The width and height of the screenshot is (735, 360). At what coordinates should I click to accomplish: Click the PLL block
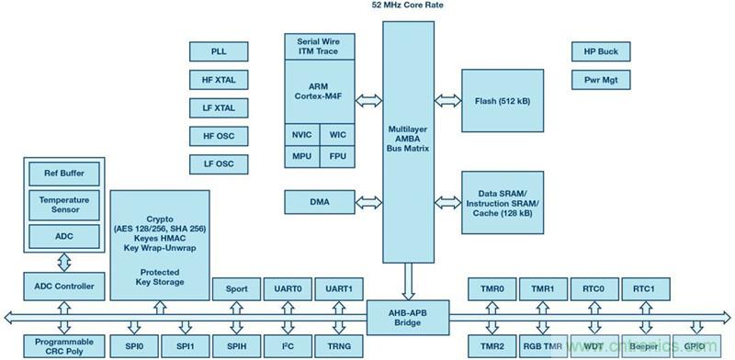click(x=219, y=51)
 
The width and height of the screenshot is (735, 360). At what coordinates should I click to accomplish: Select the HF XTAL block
click(x=219, y=79)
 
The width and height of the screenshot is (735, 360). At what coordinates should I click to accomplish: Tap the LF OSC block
click(x=219, y=163)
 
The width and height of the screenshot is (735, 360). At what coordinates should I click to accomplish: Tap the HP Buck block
click(x=598, y=51)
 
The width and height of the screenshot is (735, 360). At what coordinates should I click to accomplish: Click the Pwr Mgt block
click(x=598, y=80)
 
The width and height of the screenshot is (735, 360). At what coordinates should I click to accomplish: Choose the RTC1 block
click(x=643, y=287)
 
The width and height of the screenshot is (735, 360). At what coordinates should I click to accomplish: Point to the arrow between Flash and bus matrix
click(x=447, y=100)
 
